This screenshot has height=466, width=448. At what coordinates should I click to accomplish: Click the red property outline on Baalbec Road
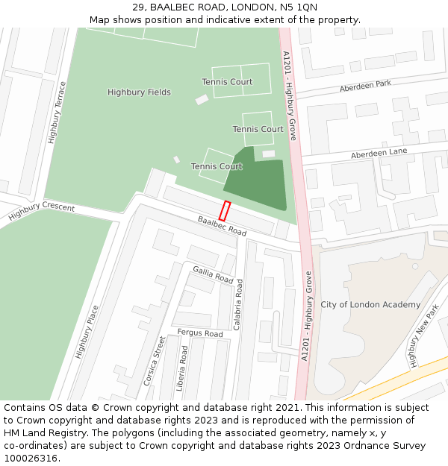[x=225, y=210]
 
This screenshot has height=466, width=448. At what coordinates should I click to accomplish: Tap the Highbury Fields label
[x=139, y=92]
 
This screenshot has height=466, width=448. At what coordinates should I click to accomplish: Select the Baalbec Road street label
[x=222, y=227]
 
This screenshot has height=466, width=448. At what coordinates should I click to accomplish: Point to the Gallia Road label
[x=213, y=274]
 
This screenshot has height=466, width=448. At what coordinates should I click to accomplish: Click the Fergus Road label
[x=199, y=333]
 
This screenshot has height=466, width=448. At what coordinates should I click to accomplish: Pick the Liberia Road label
[x=183, y=368]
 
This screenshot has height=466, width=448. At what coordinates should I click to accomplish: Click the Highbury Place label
[x=87, y=332]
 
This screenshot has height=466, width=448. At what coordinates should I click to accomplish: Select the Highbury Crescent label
[x=42, y=211]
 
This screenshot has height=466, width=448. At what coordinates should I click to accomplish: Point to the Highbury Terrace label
[x=57, y=112]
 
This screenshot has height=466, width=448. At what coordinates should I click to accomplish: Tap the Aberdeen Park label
[x=365, y=86]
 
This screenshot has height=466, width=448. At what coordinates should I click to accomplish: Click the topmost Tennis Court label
[x=227, y=82]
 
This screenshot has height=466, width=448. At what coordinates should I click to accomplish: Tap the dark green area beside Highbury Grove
[x=258, y=183]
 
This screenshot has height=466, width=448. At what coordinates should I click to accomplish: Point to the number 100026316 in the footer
[x=31, y=458]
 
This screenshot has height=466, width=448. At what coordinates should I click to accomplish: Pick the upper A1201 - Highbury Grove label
[x=290, y=92]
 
